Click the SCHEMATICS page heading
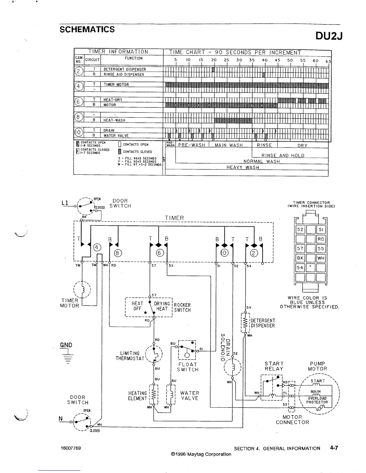pos(87,30)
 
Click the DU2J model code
pos(329,36)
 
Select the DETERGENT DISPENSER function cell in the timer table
pos(125,69)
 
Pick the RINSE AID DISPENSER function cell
pos(124,75)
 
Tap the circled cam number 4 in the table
pos(78,87)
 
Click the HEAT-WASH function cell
pos(114,120)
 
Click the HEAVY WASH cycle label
pos(243,168)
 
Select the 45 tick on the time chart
pos(277,60)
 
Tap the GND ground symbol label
pos(66,345)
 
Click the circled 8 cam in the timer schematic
pos(118,253)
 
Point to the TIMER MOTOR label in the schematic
pos(70,303)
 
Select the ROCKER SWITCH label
pos(182,308)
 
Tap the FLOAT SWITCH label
pos(187,367)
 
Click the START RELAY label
pos(274,366)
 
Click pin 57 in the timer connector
pos(300,248)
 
